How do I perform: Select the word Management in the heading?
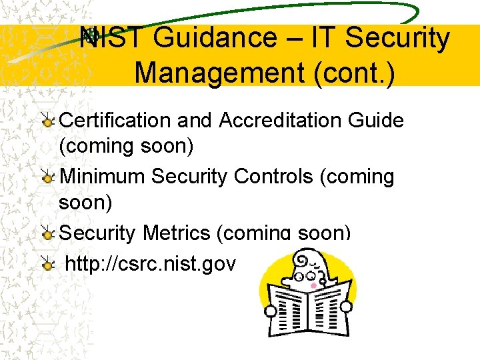click(220, 72)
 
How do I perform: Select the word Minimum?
click(102, 177)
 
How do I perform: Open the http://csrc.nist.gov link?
click(150, 265)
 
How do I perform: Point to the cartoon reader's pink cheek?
click(314, 285)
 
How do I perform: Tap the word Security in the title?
click(403, 39)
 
